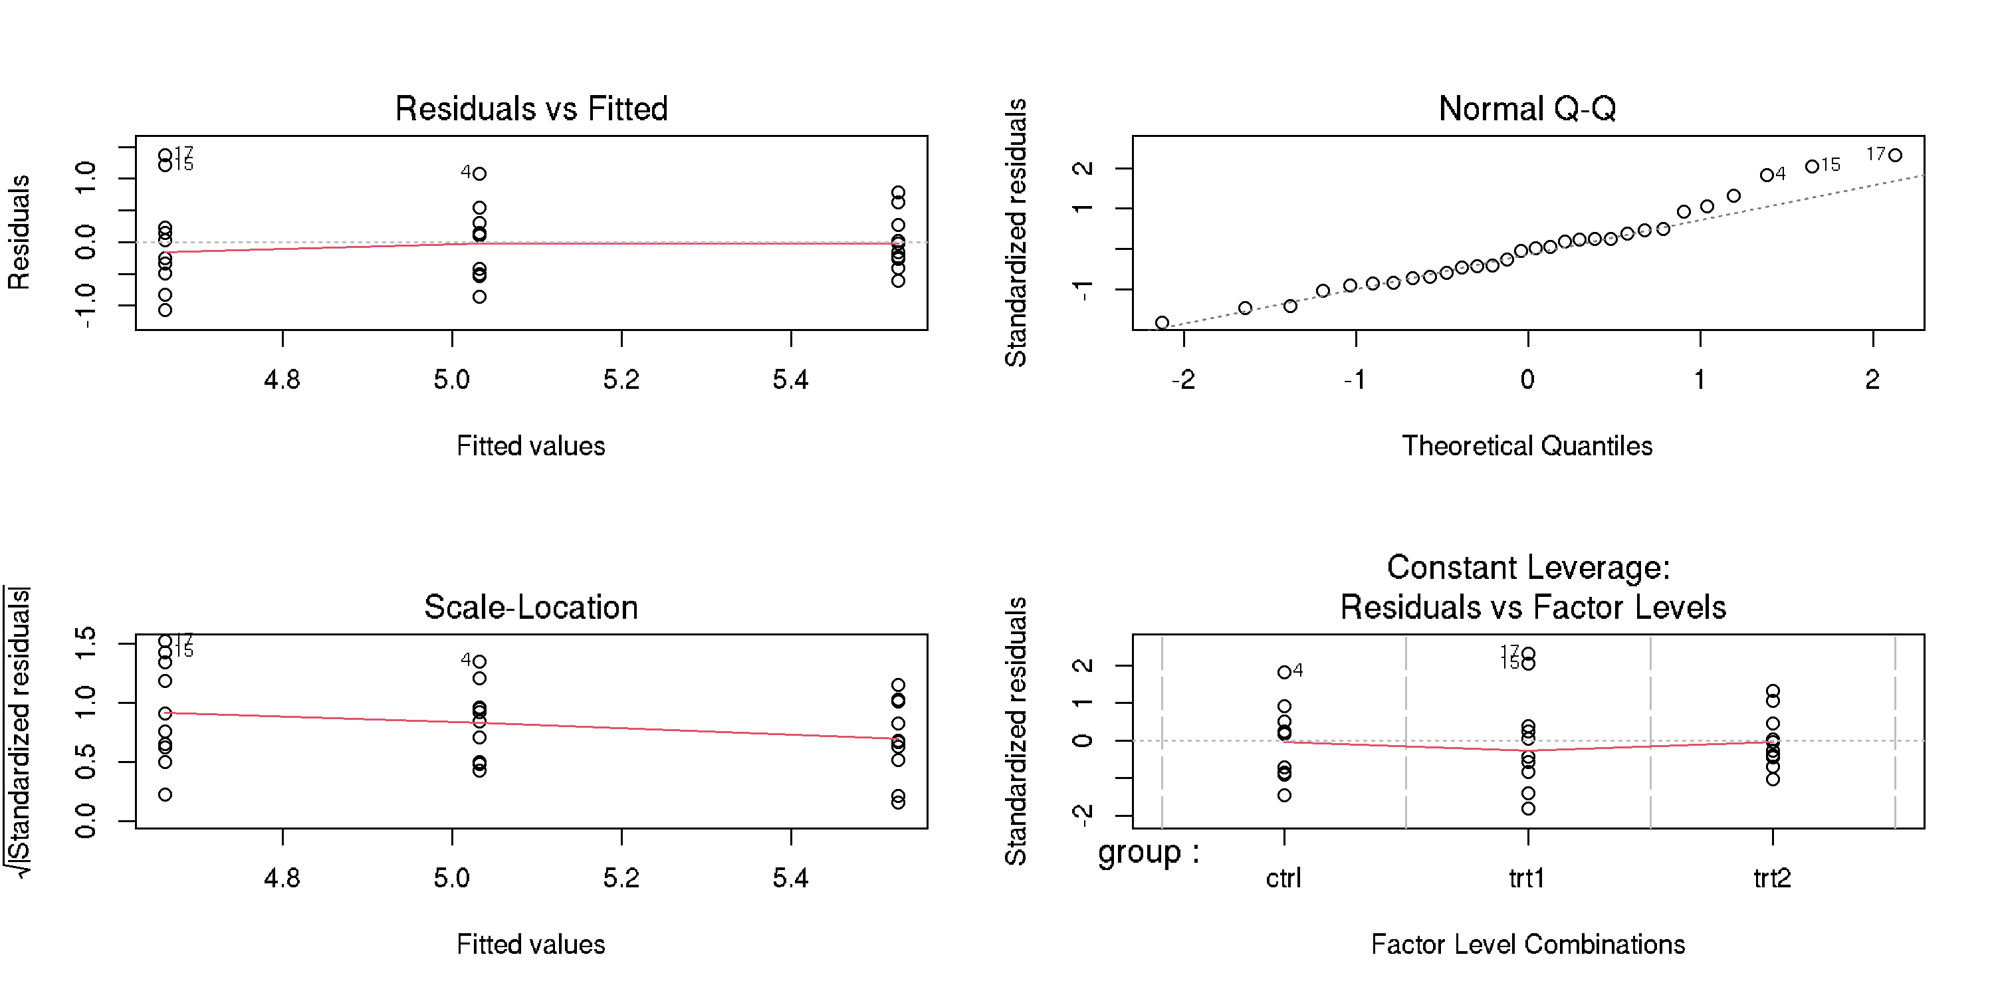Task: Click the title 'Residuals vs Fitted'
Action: [531, 108]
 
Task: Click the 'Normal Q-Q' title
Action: [1527, 108]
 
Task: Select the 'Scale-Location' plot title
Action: [531, 607]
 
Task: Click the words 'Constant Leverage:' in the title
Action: [1528, 568]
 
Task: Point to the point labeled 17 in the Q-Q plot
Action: [1895, 156]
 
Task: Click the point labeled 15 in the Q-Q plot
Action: [1812, 166]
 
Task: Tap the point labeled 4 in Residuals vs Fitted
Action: [480, 173]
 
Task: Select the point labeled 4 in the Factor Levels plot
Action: [1284, 672]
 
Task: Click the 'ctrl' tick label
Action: [1283, 879]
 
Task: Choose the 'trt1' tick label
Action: [1527, 879]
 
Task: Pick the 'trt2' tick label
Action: [1772, 879]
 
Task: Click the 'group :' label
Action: [1149, 853]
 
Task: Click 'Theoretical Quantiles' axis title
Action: [1527, 446]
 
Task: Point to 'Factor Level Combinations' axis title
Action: [1528, 944]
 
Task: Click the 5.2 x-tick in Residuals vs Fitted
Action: [621, 380]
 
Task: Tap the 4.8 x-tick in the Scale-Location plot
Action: [282, 878]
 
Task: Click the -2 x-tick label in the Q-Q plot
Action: [1183, 380]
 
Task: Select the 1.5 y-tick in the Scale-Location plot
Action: [85, 643]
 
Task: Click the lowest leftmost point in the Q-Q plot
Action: [1162, 323]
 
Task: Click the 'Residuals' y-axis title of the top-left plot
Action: [19, 232]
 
